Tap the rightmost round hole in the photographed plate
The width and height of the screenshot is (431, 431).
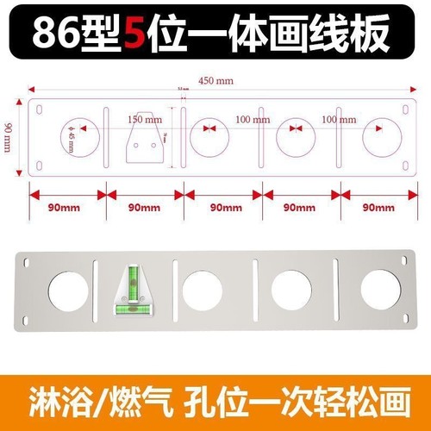click(x=381, y=290)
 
